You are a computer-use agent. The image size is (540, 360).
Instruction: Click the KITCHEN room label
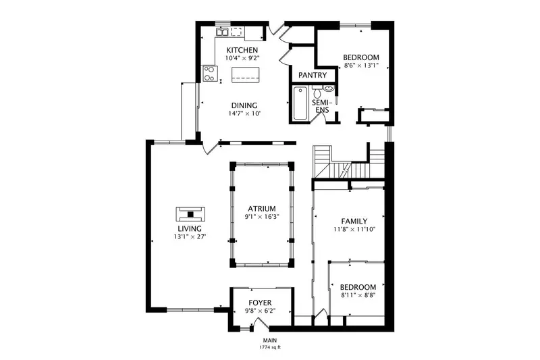242,50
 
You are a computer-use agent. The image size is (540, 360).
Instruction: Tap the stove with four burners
209,74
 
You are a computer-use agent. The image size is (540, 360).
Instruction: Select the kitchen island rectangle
245,75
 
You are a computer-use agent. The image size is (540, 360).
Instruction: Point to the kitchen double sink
222,32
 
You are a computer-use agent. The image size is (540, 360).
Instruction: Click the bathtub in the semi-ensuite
300,103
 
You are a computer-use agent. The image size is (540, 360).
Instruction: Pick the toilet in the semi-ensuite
317,92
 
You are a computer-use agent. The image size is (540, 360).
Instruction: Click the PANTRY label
313,75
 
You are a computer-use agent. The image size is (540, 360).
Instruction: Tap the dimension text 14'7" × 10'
244,113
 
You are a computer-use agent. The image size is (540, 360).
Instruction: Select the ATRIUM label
262,209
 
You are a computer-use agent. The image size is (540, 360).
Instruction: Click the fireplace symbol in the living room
190,214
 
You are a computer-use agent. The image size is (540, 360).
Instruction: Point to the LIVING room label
190,228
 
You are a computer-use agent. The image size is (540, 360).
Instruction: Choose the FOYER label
260,303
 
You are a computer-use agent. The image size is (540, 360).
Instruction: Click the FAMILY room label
354,221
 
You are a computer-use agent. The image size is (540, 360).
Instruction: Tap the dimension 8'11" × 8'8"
358,295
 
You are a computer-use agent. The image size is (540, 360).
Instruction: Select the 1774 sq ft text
270,347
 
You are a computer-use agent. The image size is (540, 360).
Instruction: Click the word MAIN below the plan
270,340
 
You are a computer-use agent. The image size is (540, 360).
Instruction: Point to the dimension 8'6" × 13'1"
361,66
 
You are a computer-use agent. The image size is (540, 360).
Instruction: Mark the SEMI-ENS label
322,106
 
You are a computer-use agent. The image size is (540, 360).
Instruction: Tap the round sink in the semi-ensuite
329,88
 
